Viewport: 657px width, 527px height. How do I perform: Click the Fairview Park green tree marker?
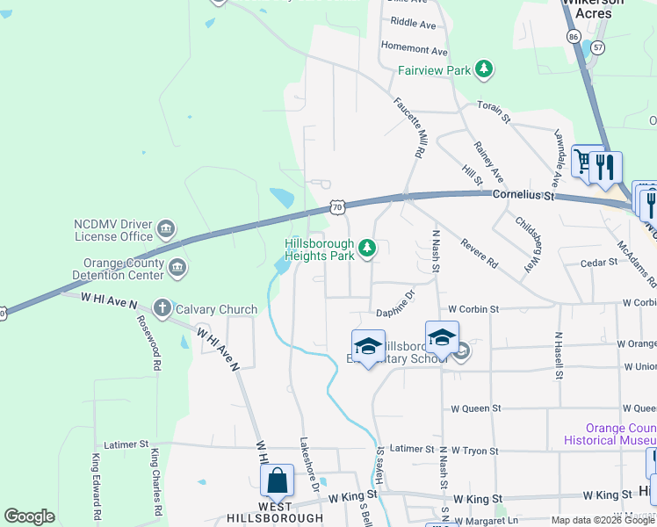point(482,69)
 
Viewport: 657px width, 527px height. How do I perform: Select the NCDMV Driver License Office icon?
point(165,230)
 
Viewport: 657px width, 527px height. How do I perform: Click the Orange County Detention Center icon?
point(177,268)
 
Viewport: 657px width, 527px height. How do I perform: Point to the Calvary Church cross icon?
point(162,308)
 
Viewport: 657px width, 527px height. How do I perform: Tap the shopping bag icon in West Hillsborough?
point(278,480)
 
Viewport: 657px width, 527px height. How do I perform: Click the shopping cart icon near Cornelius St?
point(583,161)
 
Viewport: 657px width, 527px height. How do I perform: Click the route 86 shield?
point(574,38)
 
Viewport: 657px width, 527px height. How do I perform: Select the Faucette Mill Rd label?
point(410,127)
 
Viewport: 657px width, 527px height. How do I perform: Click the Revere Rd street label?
point(480,253)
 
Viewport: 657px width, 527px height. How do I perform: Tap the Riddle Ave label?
point(413,23)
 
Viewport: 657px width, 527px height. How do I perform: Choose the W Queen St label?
point(475,408)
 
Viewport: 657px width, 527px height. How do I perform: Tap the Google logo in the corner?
point(29,516)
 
